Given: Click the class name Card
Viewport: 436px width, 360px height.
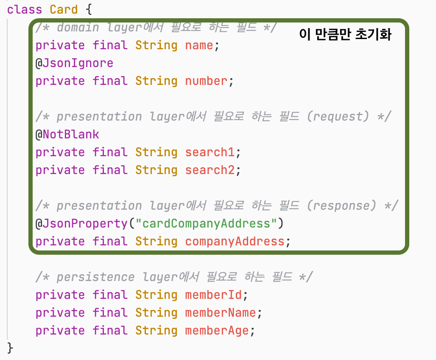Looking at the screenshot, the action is [64, 10].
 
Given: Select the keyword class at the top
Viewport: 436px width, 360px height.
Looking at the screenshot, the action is [25, 10].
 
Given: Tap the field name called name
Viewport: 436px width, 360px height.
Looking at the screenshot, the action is [199, 45].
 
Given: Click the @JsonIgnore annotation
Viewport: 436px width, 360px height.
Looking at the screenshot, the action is [74, 63].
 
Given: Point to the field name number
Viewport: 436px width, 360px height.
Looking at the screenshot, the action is [206, 81].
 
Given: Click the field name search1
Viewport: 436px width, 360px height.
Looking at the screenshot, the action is [210, 152].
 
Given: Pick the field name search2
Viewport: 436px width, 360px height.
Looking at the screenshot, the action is [210, 170].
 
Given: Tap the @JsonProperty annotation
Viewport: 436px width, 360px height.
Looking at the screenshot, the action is [81, 224].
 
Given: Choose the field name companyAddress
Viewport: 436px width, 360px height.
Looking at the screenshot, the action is [235, 242].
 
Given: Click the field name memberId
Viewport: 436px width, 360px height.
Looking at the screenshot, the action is [213, 295].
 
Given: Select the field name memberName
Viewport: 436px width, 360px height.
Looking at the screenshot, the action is [221, 313].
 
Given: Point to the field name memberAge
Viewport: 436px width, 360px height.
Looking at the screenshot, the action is [217, 331].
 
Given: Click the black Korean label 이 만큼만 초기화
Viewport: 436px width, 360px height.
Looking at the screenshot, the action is [345, 35].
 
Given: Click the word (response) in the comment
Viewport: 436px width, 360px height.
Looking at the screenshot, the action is [341, 206].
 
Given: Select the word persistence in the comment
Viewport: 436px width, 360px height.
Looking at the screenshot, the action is [95, 277].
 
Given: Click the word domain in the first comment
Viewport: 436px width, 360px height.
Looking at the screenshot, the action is [78, 28].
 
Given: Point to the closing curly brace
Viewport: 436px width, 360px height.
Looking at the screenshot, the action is [11, 349].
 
